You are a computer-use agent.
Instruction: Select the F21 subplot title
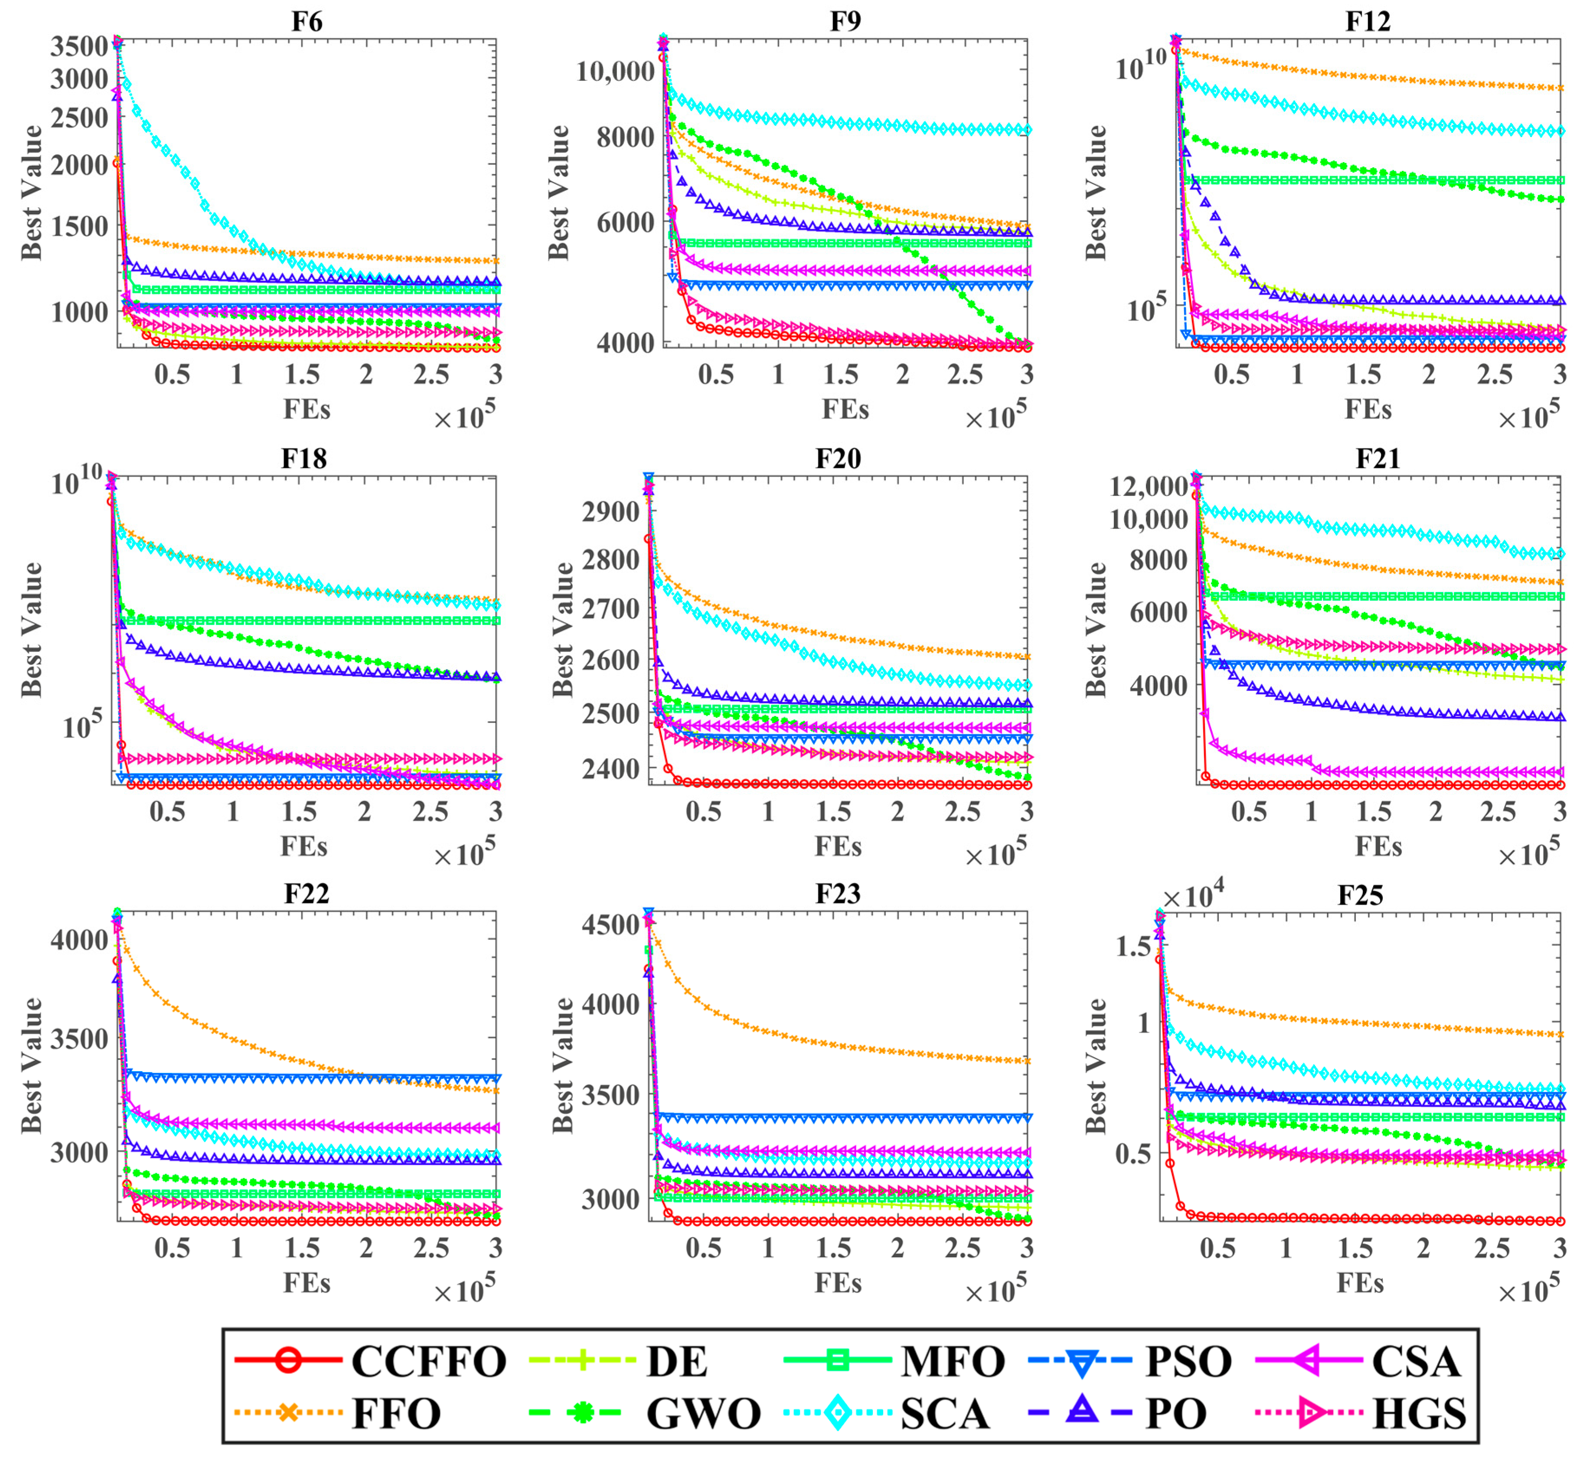tap(1377, 458)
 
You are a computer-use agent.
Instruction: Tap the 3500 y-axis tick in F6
tap(79, 46)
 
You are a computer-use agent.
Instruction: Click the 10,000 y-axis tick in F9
tap(615, 71)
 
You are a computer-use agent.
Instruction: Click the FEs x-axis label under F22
tap(307, 1282)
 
